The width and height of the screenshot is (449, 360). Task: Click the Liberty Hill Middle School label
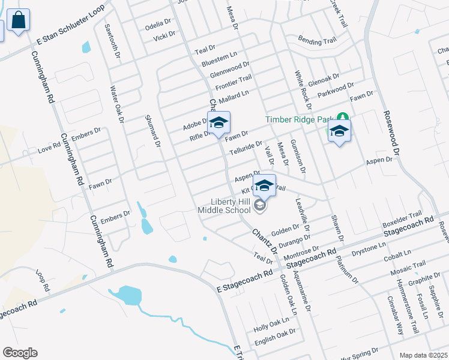[224, 206]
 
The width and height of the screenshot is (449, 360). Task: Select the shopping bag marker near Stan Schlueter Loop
[19, 21]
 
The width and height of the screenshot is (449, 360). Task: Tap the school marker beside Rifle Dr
[219, 124]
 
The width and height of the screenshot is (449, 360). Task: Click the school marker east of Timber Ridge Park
[339, 132]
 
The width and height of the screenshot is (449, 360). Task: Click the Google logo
[20, 353]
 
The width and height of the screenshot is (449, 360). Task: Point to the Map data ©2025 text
[423, 355]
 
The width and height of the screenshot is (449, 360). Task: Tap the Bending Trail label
[317, 41]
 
